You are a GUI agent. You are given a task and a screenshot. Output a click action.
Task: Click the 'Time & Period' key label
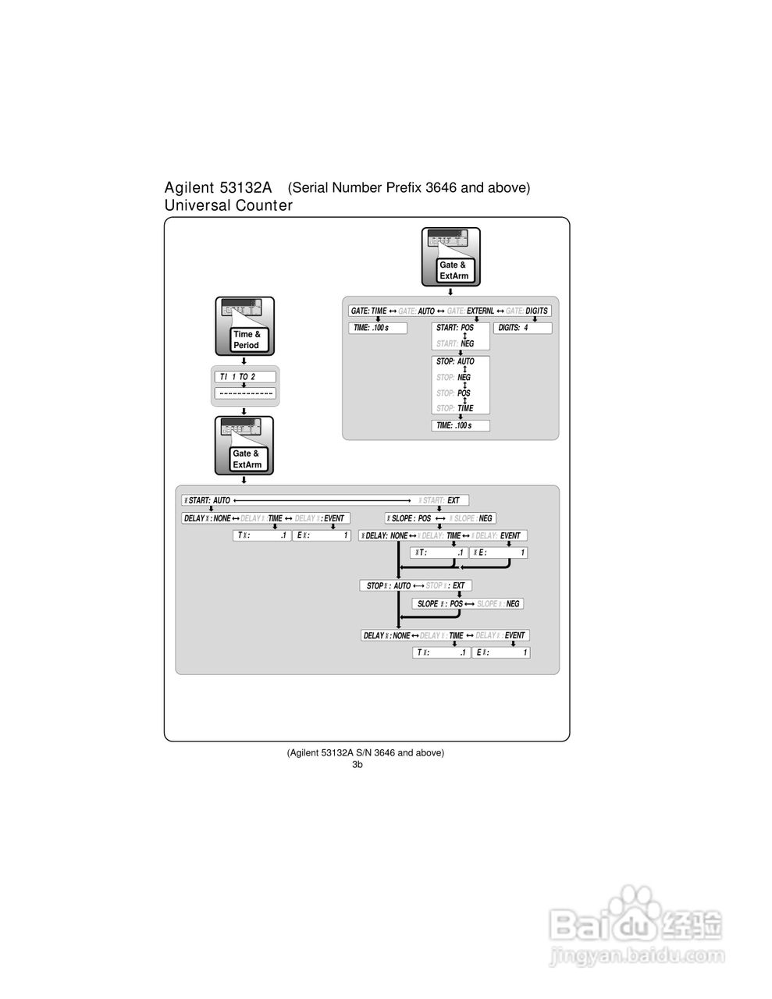click(x=246, y=340)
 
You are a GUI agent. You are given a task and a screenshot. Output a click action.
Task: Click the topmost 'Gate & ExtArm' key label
click(x=453, y=270)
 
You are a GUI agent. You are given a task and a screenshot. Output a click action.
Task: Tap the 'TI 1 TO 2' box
click(x=244, y=377)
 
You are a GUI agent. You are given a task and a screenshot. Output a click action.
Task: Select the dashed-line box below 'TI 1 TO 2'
click(x=245, y=393)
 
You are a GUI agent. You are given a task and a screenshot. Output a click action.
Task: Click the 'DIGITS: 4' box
click(x=522, y=328)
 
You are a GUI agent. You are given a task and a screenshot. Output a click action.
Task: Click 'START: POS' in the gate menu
click(x=455, y=328)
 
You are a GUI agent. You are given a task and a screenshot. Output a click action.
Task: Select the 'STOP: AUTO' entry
click(x=455, y=361)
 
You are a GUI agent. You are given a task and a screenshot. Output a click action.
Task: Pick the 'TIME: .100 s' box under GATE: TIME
click(x=377, y=328)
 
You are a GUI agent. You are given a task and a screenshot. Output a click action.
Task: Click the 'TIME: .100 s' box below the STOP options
click(x=461, y=425)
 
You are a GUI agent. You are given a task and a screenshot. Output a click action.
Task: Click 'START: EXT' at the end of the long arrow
click(x=443, y=500)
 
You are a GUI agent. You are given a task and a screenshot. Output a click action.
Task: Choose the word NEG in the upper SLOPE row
click(x=486, y=518)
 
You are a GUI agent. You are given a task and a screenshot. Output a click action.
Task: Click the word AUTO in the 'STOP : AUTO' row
click(x=402, y=585)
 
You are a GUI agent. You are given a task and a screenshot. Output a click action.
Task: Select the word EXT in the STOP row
click(x=458, y=585)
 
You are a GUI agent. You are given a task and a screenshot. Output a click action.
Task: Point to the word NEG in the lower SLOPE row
click(x=512, y=604)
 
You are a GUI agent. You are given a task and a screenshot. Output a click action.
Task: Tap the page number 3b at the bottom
click(x=358, y=765)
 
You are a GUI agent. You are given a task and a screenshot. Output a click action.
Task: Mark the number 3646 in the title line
click(x=442, y=187)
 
